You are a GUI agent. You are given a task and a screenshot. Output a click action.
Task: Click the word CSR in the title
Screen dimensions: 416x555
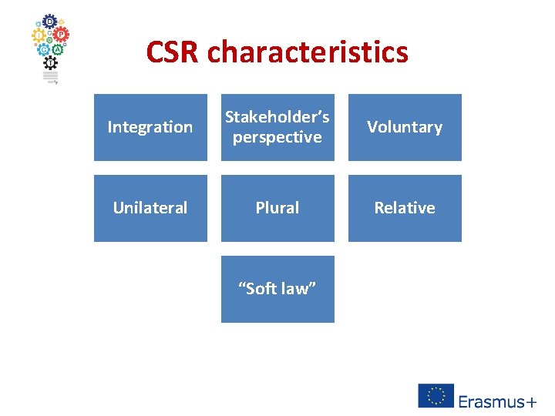[173, 52]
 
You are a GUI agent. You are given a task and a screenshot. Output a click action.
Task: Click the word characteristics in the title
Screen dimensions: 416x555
[308, 52]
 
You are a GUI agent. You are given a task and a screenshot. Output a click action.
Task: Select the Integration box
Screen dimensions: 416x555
[150, 127]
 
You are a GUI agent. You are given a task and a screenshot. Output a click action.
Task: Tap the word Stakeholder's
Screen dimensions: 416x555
[277, 117]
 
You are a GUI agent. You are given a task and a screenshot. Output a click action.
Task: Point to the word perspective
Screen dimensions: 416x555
[277, 137]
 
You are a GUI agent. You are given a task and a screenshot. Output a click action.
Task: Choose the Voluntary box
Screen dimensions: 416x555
[405, 127]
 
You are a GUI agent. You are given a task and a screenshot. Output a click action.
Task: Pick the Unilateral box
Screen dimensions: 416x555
[150, 208]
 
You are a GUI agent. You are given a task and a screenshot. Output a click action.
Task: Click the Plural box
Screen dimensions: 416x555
[277, 208]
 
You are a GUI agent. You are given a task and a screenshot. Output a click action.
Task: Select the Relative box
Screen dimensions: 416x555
[405, 208]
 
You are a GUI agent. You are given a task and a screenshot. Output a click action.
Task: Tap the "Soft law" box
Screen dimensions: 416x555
[277, 289]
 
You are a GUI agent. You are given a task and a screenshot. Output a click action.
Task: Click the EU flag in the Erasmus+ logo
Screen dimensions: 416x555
[436, 395]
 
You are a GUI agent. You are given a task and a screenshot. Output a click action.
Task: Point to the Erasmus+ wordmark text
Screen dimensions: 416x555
[497, 401]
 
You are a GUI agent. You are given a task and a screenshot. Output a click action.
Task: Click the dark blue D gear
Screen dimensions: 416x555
[49, 22]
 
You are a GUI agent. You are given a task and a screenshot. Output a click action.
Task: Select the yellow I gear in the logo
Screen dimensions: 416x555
[38, 35]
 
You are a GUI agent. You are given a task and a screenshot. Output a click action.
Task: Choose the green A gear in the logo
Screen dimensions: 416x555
[56, 48]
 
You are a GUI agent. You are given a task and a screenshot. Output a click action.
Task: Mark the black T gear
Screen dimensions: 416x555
[50, 62]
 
